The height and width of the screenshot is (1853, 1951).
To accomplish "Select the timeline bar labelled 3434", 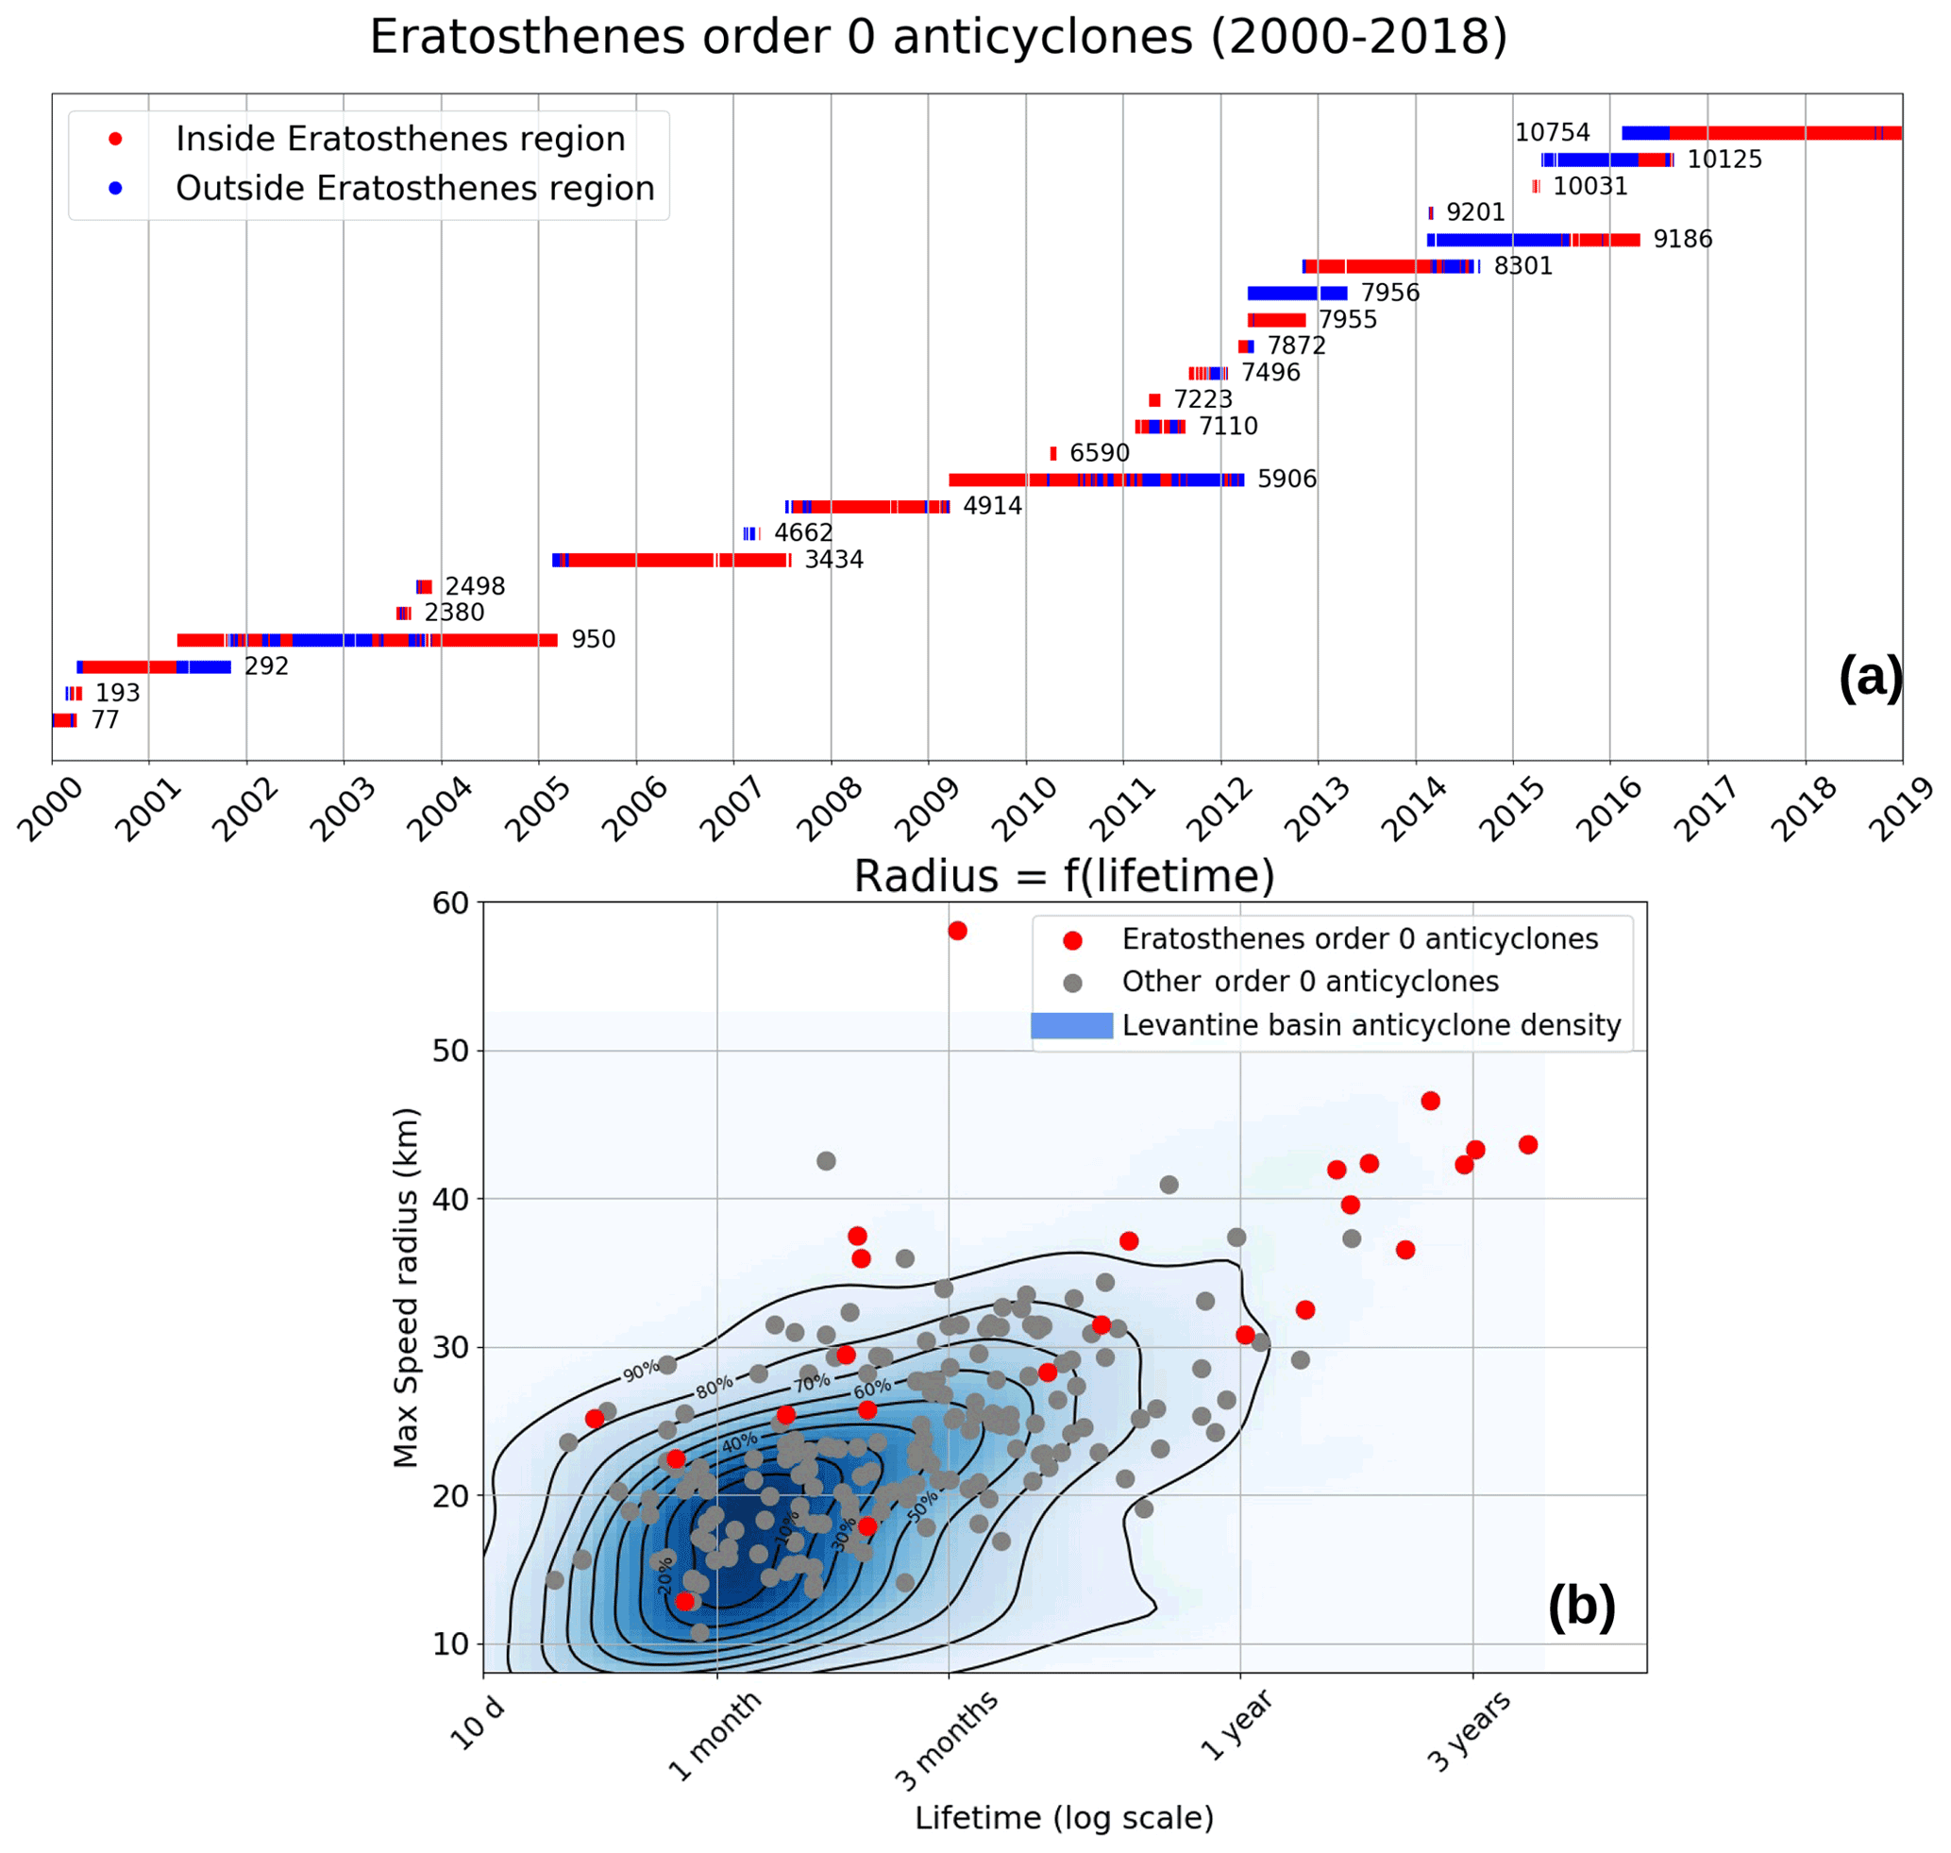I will (672, 560).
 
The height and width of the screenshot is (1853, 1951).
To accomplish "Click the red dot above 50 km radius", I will (956, 931).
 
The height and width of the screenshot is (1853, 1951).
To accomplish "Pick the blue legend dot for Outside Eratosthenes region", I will (115, 188).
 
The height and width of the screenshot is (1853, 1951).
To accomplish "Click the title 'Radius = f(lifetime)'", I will (1063, 876).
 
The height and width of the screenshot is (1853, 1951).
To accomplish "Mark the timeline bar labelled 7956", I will (1296, 294).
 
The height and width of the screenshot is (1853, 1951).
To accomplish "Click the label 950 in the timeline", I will (593, 639).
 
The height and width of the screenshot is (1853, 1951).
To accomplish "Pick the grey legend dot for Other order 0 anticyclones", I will (1072, 983).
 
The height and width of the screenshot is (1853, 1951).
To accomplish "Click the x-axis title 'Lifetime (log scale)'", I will (1063, 1817).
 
